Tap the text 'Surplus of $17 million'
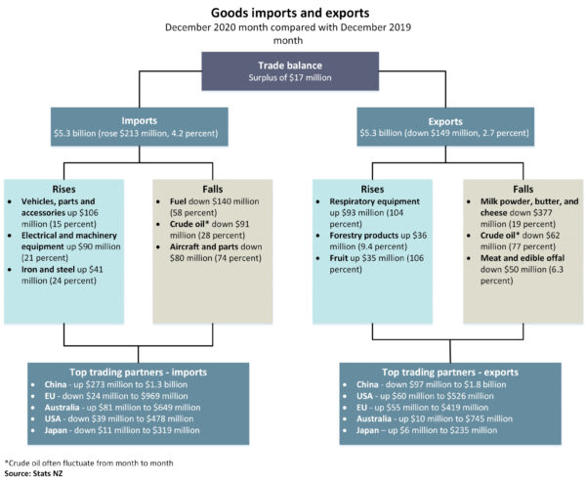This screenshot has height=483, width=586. click(x=292, y=78)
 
